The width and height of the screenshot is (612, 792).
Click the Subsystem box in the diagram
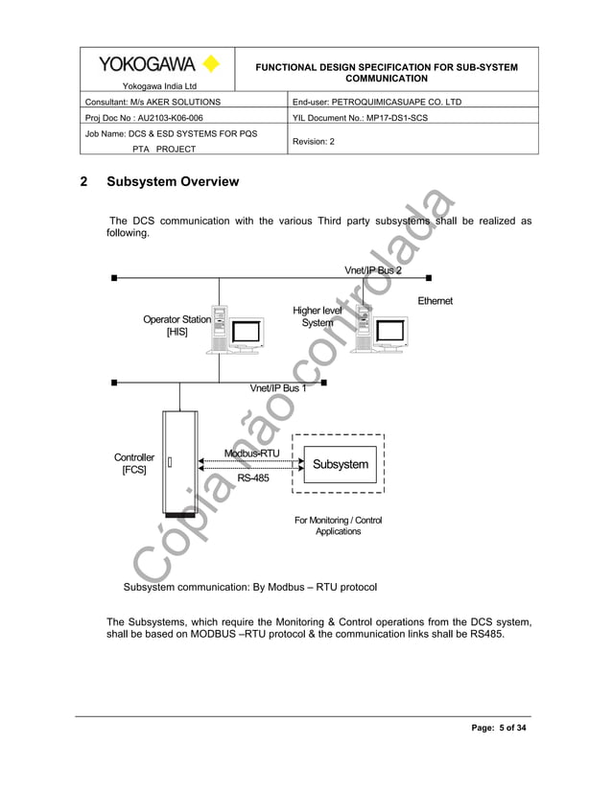[340, 465]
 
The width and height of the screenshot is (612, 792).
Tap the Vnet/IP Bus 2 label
[373, 270]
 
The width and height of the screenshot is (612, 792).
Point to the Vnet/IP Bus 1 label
[278, 388]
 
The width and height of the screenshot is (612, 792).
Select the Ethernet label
[435, 302]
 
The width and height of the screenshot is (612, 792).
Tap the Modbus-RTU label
[251, 453]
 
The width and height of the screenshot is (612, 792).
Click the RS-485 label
[253, 478]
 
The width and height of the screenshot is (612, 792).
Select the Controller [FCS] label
[134, 465]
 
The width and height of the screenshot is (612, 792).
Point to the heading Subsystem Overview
[173, 182]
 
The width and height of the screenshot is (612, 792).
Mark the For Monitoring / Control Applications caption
[338, 525]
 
